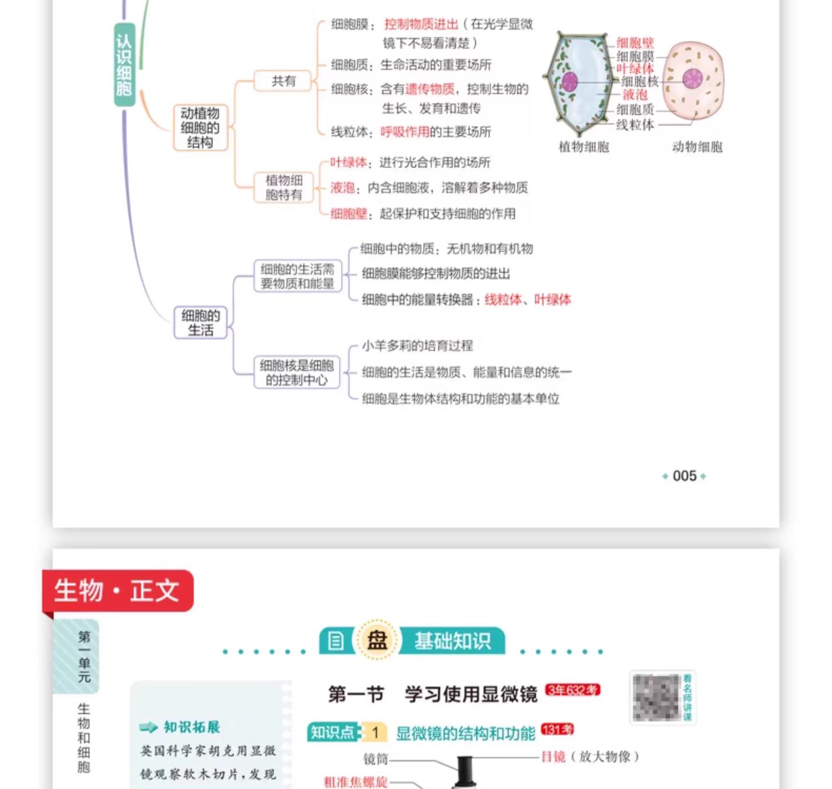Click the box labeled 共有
coord(283,81)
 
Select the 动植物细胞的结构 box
coord(200,128)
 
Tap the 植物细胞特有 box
coord(283,187)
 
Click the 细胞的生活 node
coord(200,323)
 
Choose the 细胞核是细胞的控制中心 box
coord(297,373)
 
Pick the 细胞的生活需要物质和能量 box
coord(297,277)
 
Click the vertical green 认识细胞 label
coord(124,65)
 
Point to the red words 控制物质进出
coord(421,24)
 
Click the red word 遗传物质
coord(430,89)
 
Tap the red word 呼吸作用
coord(405,132)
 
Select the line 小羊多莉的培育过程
coord(417,346)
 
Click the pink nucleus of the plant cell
coord(570,82)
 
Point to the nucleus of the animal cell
coord(692,79)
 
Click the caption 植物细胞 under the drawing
coord(584,147)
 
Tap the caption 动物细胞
coord(697,147)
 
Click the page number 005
coord(684,476)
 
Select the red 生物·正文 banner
coord(118,591)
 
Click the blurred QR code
coord(656,698)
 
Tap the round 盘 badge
coord(377,640)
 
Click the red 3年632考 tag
coord(572,690)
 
